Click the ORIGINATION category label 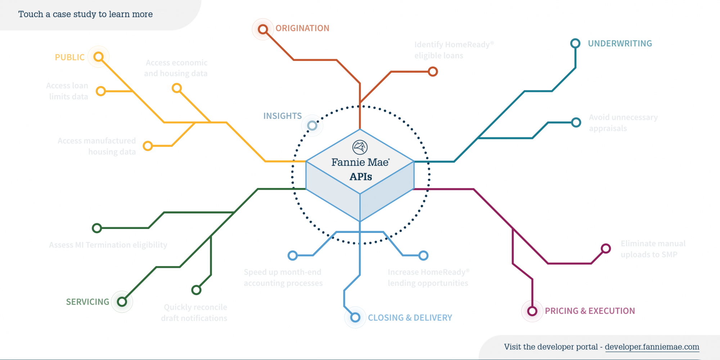coord(302,28)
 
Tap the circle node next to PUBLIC coord(99,57)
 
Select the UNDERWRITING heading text coord(620,44)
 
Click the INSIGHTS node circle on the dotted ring coord(312,125)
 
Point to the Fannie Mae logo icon coord(360,147)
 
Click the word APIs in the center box coord(361,177)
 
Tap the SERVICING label coord(87,302)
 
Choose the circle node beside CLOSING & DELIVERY coord(355,317)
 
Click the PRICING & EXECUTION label coord(590,311)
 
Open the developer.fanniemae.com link coord(652,347)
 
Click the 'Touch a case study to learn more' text coord(86,14)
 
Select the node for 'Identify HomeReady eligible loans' coord(433,72)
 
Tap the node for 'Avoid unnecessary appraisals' coord(576,122)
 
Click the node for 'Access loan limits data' coord(101,91)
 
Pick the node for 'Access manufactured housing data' coord(148,146)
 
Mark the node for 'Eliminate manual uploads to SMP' coord(606,248)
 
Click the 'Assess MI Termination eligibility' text coord(108,245)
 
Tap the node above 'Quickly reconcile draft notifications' coord(196,290)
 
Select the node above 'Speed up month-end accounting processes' coord(293,256)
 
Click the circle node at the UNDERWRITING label coord(575,44)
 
